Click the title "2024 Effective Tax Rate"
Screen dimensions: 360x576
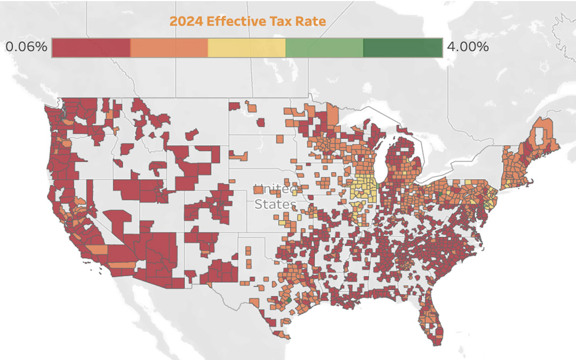pos(247,21)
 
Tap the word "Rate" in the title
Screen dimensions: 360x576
pos(313,21)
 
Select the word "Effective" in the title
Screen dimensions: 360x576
pos(229,21)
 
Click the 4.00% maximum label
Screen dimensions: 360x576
pos(468,47)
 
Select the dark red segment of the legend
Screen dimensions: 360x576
pos(91,48)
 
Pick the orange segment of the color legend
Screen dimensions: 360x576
pos(169,48)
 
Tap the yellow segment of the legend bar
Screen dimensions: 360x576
pos(247,48)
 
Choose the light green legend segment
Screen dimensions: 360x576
pos(325,48)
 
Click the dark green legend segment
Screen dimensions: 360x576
pos(403,48)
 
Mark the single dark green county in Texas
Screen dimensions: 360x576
pos(288,300)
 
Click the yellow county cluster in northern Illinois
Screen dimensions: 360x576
pos(365,189)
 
